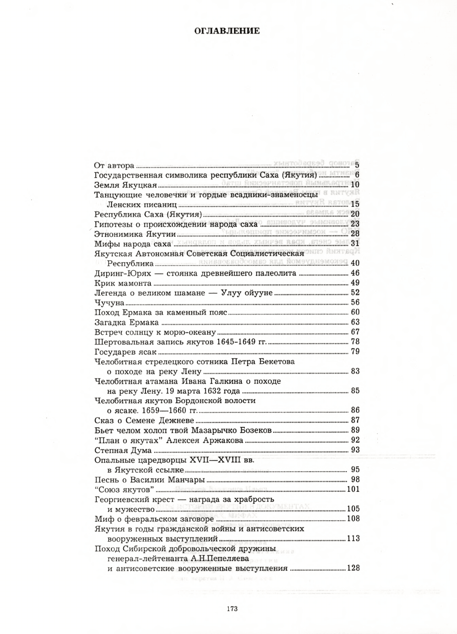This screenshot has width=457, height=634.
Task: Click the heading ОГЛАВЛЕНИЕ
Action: [x=227, y=31]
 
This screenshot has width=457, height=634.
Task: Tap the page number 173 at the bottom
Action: [x=232, y=608]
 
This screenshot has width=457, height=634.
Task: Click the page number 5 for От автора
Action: [x=357, y=166]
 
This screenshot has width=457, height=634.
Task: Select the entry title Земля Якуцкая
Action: [x=126, y=185]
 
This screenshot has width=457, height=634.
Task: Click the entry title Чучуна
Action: [x=109, y=302]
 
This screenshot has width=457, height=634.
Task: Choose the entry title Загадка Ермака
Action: [x=127, y=322]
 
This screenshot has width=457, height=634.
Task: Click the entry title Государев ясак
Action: [x=126, y=352]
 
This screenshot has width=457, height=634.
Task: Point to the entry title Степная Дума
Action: [x=123, y=450]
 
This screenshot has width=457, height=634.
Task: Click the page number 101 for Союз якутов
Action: [x=353, y=489]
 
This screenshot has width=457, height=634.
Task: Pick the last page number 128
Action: [x=353, y=569]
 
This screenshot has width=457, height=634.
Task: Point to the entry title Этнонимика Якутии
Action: [x=135, y=234]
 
